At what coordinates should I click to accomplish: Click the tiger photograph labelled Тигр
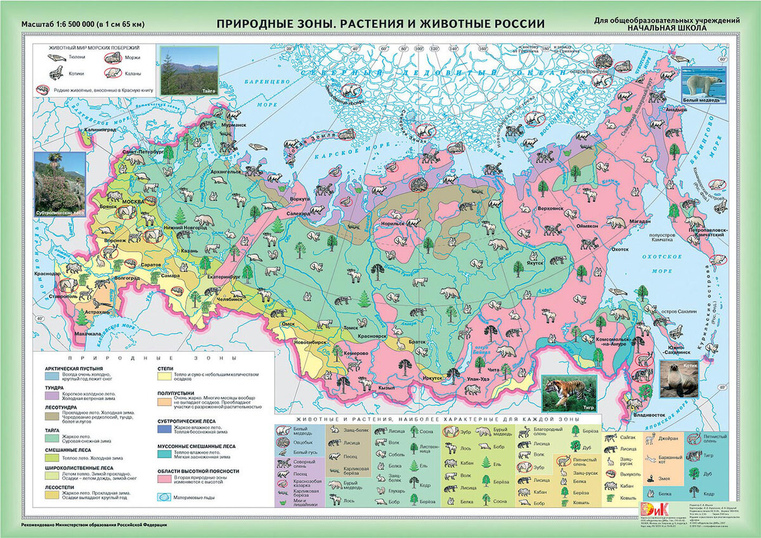(569, 392)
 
